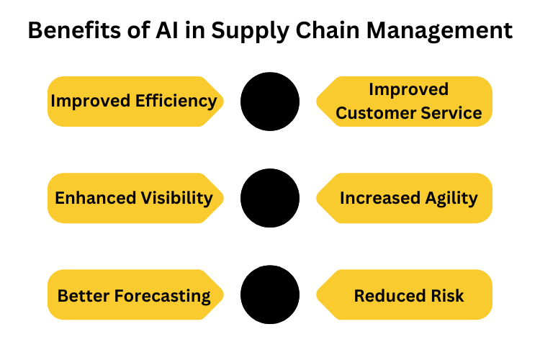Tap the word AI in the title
[x=167, y=32]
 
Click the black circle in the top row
[x=270, y=102]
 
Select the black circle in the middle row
[x=270, y=198]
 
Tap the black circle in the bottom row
[x=270, y=294]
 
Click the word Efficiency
[x=175, y=102]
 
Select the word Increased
[x=377, y=198]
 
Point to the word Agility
[x=449, y=199]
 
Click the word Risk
[x=448, y=295]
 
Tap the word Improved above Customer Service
[x=408, y=90]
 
